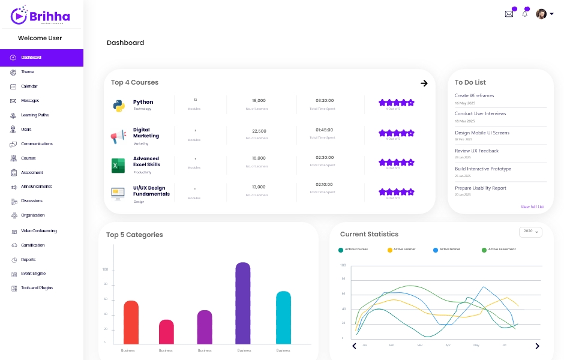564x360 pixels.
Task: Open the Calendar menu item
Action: (x=29, y=86)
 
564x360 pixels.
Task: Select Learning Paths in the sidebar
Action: (x=34, y=115)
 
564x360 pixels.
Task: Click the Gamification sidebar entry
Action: (x=32, y=245)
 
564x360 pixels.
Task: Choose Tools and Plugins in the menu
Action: (x=37, y=288)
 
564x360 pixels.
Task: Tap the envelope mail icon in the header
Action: (x=509, y=14)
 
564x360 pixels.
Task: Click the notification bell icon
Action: (x=525, y=13)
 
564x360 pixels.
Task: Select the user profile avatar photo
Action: (x=541, y=14)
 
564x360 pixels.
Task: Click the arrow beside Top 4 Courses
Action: (x=424, y=83)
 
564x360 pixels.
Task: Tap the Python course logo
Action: (x=118, y=105)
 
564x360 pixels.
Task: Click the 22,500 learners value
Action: (x=259, y=131)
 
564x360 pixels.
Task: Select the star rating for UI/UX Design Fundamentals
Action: (x=397, y=192)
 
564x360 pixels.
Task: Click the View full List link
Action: (x=532, y=206)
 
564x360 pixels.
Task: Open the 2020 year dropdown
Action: (x=530, y=231)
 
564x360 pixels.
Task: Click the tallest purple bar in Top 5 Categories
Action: (x=243, y=303)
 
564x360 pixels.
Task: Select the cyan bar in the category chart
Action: (x=283, y=317)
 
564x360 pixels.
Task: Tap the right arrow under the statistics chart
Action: (x=537, y=346)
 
